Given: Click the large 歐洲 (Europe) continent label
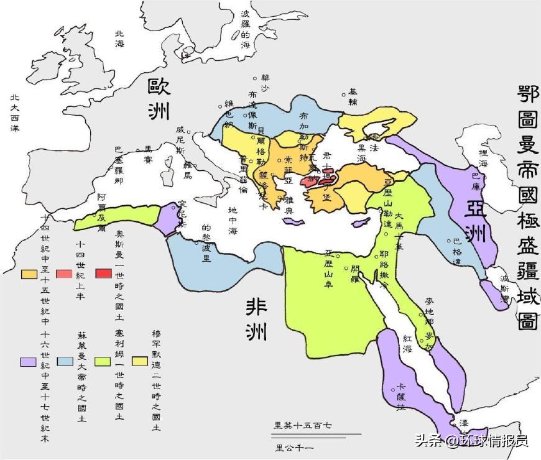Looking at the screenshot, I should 159,98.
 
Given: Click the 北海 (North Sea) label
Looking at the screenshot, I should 119,39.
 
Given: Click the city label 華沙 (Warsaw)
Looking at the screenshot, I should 266,83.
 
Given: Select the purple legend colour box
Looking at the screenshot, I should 28,362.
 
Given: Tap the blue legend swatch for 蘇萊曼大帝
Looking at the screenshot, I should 65,361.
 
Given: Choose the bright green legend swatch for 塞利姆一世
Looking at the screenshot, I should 103,361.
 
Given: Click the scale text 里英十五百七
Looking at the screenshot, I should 303,425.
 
